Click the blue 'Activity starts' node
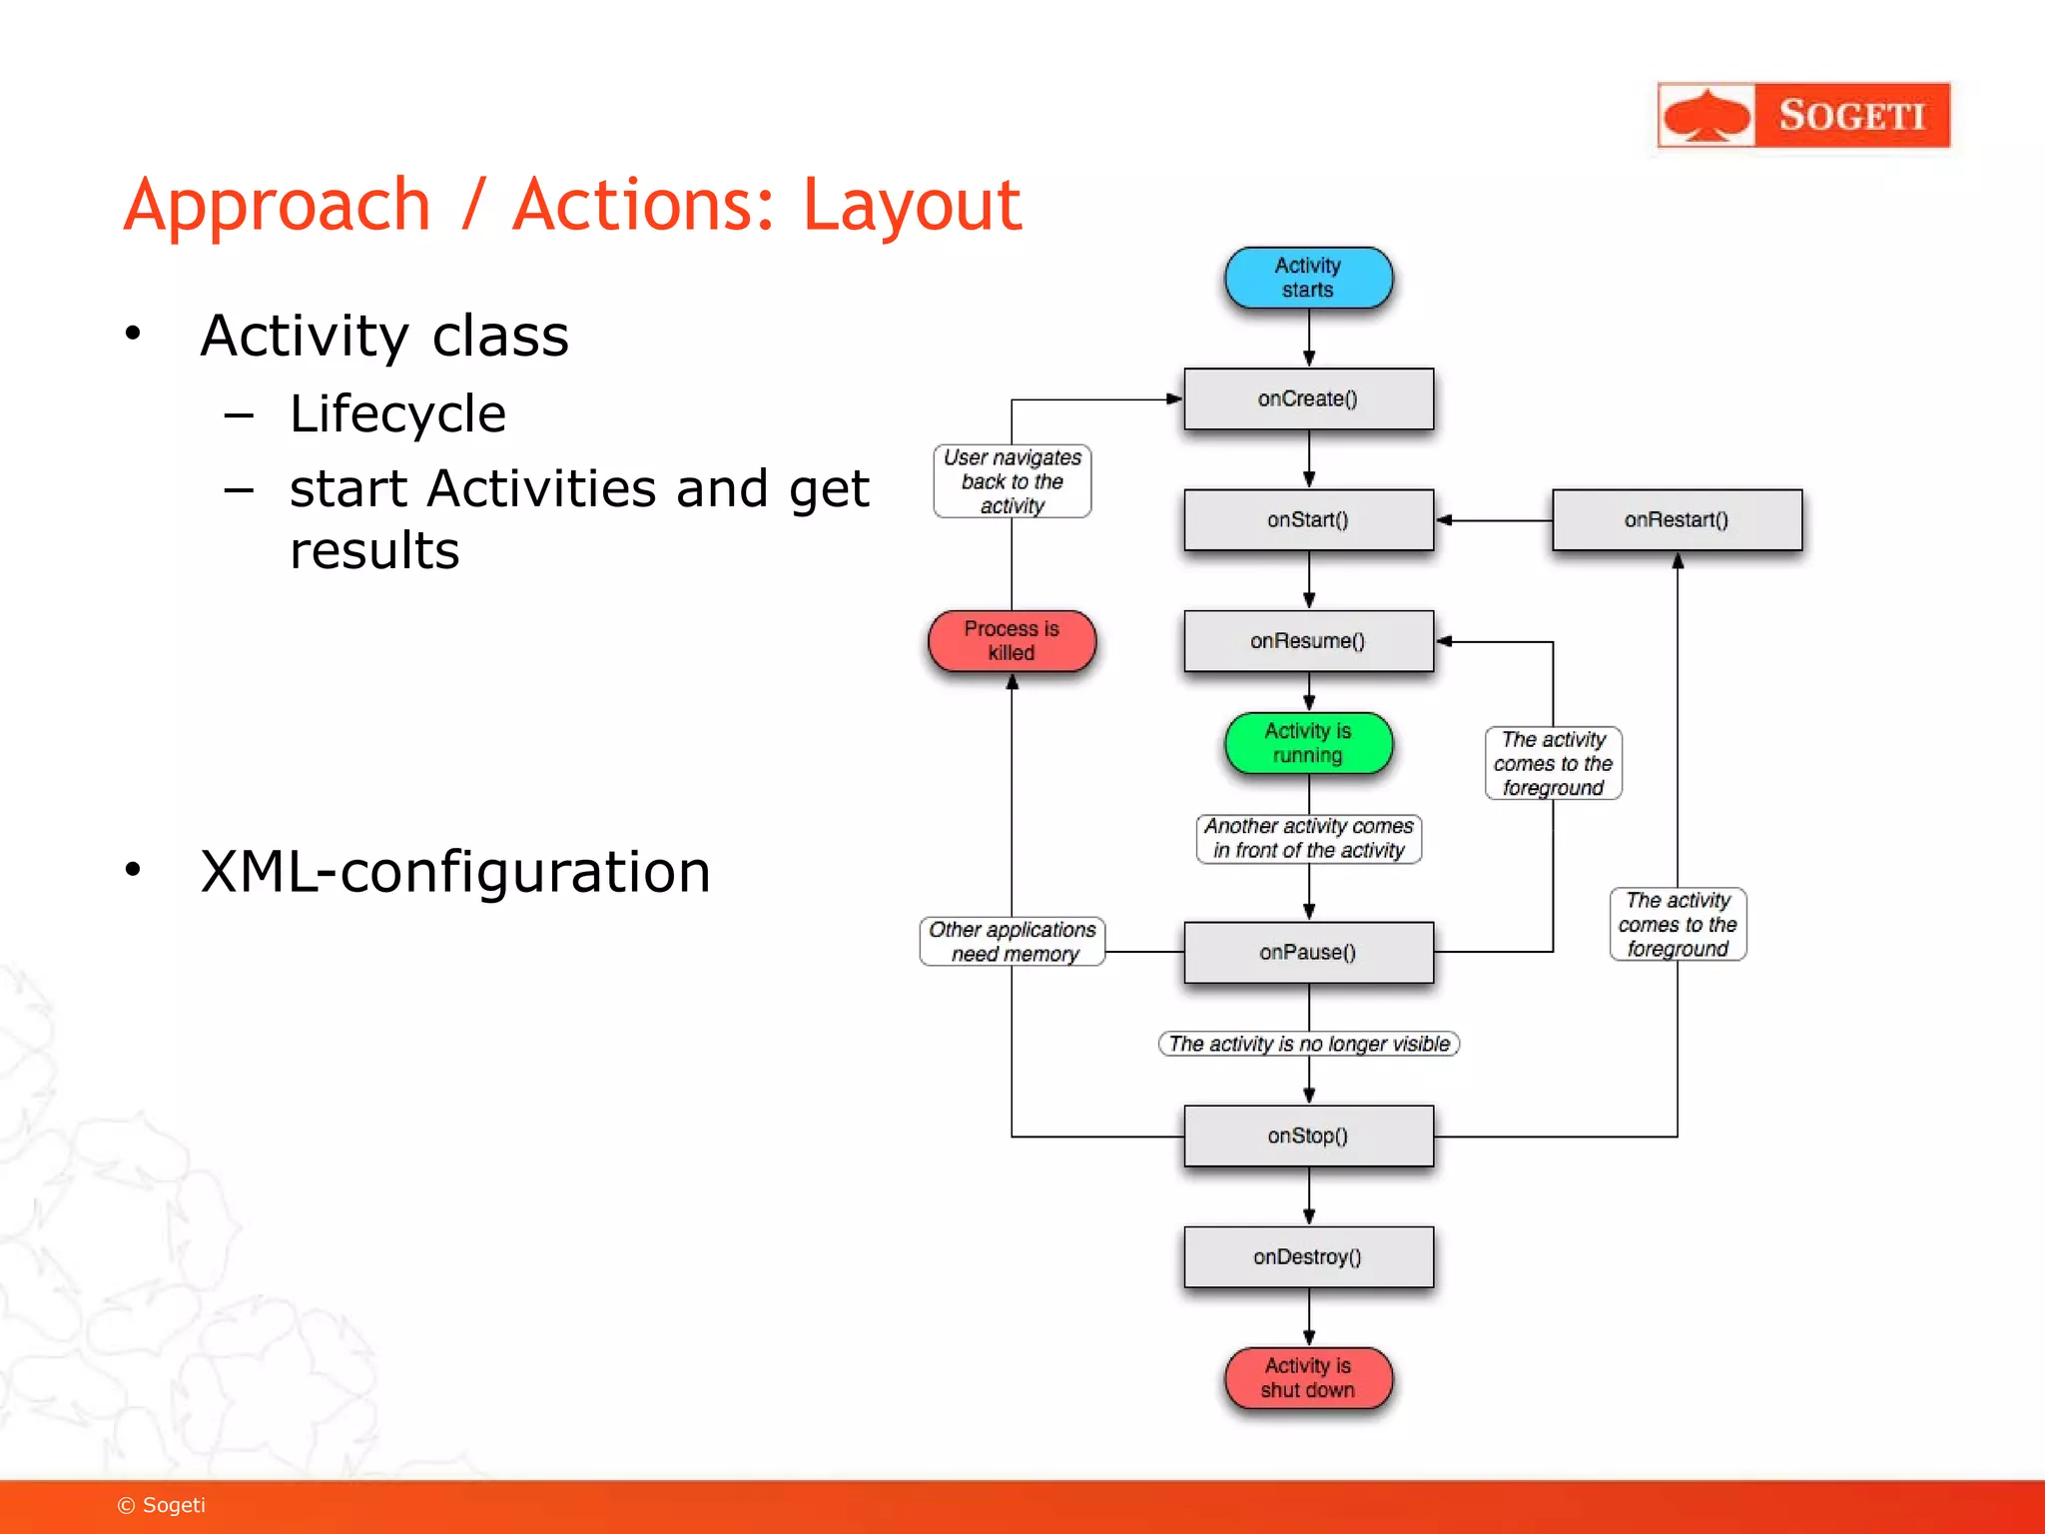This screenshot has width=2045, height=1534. pyautogui.click(x=1308, y=278)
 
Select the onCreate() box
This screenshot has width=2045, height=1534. pyautogui.click(x=1308, y=398)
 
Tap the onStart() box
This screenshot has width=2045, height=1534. pyautogui.click(x=1308, y=519)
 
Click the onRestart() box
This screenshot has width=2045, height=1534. pyautogui.click(x=1677, y=519)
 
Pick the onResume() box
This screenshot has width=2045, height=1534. pyautogui.click(x=1308, y=640)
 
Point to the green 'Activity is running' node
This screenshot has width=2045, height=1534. pyautogui.click(x=1308, y=743)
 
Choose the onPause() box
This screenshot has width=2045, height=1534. pyautogui.click(x=1308, y=952)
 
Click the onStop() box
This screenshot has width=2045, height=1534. pyautogui.click(x=1308, y=1136)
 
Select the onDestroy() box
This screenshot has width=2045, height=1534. pyautogui.click(x=1308, y=1256)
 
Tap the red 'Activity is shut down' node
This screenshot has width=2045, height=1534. pyautogui.click(x=1308, y=1377)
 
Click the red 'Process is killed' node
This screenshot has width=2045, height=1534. pyautogui.click(x=1012, y=640)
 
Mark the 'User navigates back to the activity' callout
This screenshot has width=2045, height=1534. pyautogui.click(x=1012, y=481)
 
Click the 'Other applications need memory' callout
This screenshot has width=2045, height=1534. pyautogui.click(x=1012, y=941)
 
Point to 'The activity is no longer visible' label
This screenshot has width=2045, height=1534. pyautogui.click(x=1308, y=1044)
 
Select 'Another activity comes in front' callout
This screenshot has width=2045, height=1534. pyautogui.click(x=1308, y=838)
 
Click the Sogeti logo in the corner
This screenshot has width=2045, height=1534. pyautogui.click(x=1803, y=115)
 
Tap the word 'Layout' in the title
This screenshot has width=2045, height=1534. pyautogui.click(x=912, y=205)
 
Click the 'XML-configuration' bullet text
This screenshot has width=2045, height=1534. pyautogui.click(x=455, y=871)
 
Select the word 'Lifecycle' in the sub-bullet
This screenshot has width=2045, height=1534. pyautogui.click(x=397, y=413)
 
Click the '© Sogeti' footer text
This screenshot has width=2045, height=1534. pyautogui.click(x=162, y=1505)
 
